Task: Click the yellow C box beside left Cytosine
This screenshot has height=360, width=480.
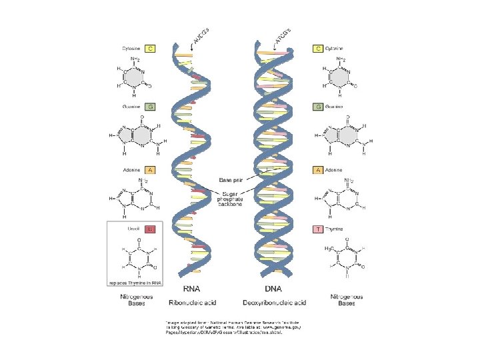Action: point(151,49)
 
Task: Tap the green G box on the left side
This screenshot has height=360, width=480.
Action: point(151,106)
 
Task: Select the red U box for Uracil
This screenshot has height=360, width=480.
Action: point(151,229)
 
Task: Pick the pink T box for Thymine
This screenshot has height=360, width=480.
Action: point(319,229)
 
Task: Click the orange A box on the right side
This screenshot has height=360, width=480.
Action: point(319,170)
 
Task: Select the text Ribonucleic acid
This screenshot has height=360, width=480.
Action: point(192,303)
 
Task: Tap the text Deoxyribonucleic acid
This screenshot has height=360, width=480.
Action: point(275,303)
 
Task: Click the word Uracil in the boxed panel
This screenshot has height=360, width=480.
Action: point(133,229)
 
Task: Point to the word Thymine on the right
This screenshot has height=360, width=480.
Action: point(335,229)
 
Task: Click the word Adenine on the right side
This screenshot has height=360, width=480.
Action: point(335,170)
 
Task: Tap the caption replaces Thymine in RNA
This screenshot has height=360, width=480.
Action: point(140,282)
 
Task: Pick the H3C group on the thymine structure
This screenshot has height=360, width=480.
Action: point(329,248)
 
